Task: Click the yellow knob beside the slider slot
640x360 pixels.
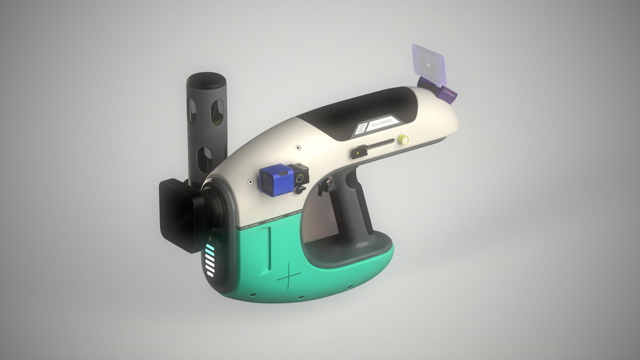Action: [403, 139]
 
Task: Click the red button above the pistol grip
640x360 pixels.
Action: [329, 183]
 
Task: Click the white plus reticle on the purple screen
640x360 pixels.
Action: [428, 64]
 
